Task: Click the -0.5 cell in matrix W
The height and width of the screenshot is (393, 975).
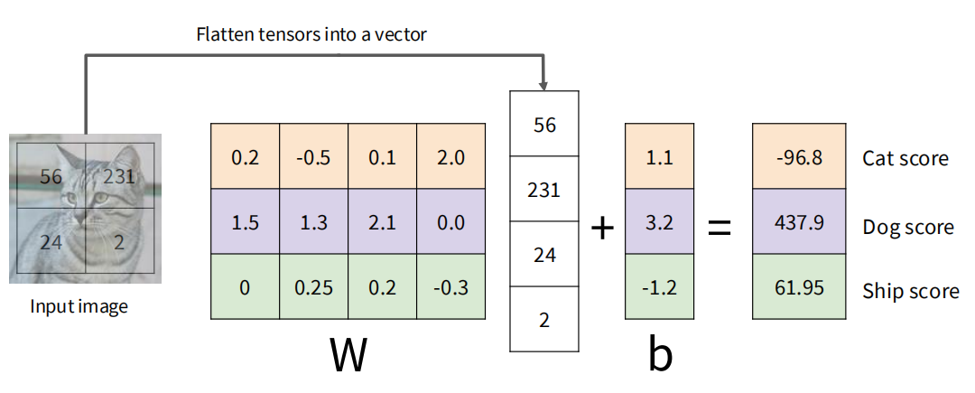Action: click(313, 157)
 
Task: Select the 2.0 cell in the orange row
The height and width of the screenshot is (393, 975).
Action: click(450, 157)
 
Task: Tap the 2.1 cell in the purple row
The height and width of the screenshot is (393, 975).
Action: click(382, 222)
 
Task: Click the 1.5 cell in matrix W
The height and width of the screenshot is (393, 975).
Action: click(245, 222)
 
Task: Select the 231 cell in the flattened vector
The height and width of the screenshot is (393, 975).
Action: click(544, 190)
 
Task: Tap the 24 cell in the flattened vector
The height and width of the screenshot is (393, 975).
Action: click(544, 255)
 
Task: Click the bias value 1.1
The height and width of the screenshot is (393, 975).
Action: click(660, 157)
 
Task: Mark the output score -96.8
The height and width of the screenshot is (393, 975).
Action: click(799, 157)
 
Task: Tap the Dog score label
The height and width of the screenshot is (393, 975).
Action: click(908, 227)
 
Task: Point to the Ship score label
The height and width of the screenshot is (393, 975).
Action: click(909, 291)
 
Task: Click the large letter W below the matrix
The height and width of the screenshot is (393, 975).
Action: click(347, 356)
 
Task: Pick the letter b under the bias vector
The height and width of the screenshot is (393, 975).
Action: click(660, 356)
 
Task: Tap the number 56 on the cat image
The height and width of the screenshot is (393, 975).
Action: click(51, 175)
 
